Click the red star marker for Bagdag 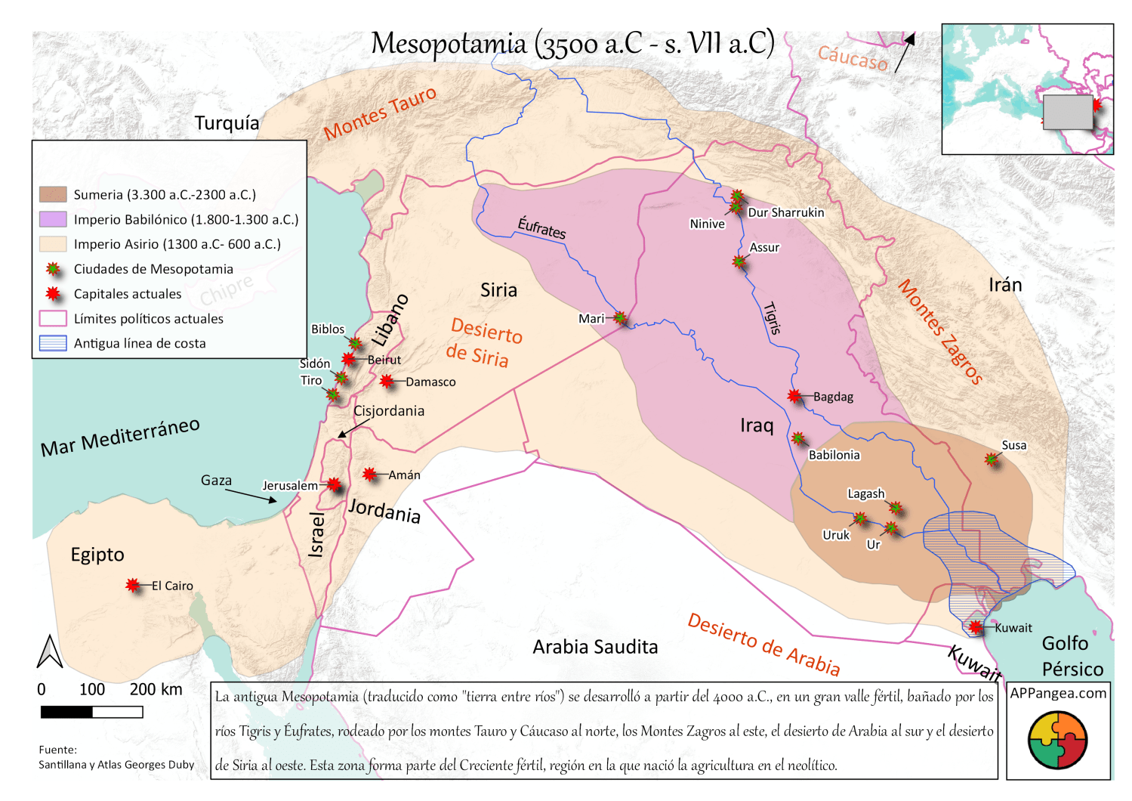(x=794, y=395)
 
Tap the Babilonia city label (x=834, y=455)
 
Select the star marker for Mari (x=619, y=318)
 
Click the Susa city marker (x=992, y=459)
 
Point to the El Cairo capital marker (x=133, y=585)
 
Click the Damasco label (x=430, y=382)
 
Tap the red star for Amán (x=369, y=474)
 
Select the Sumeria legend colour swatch (x=53, y=194)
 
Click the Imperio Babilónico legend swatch (x=53, y=219)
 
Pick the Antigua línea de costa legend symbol (x=53, y=343)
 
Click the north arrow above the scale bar (x=50, y=651)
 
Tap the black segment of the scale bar (x=66, y=712)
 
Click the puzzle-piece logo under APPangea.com (x=1057, y=741)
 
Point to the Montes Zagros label (x=941, y=332)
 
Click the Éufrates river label (x=541, y=227)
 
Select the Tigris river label (x=772, y=318)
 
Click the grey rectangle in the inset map (x=1067, y=112)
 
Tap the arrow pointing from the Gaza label (x=251, y=496)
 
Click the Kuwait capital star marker (x=975, y=627)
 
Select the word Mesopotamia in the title (x=449, y=44)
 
